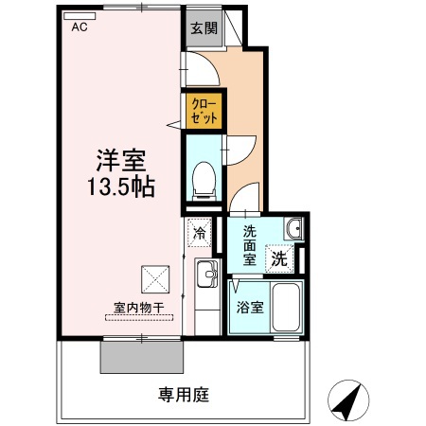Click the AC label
tap(79, 27)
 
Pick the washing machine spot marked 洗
tap(281, 256)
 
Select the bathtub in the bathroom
tap(282, 305)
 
